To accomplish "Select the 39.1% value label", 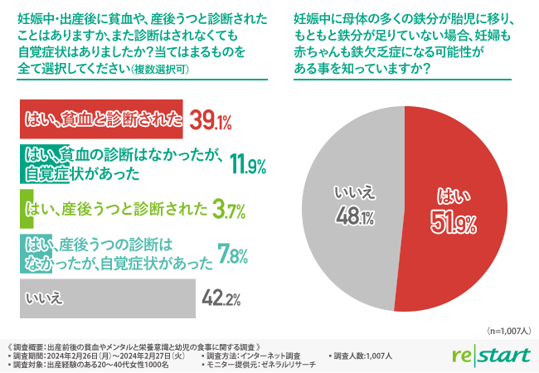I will click(x=211, y=123).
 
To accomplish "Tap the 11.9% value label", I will click(x=246, y=165).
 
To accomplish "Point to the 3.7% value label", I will click(x=227, y=209).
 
